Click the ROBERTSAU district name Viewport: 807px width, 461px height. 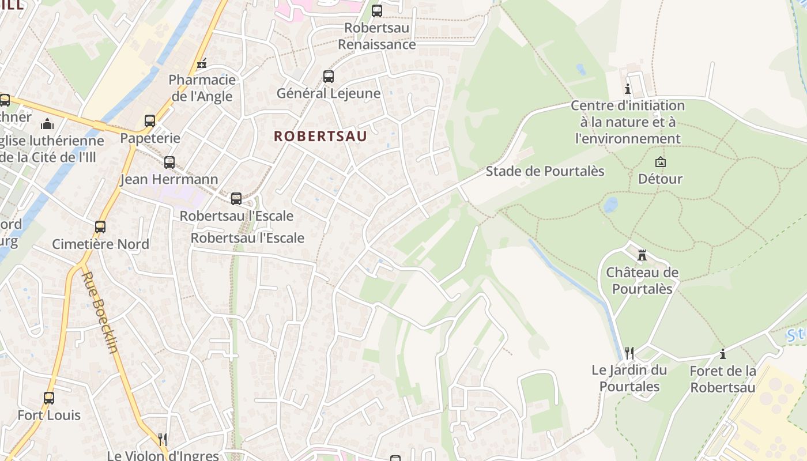(x=320, y=137)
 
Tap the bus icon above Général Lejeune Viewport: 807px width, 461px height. (x=329, y=76)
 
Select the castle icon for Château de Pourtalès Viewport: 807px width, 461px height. (x=642, y=255)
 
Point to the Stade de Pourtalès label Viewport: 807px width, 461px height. (x=545, y=171)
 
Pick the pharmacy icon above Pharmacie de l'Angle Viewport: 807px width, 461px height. (x=202, y=63)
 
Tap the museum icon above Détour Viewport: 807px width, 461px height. (x=661, y=162)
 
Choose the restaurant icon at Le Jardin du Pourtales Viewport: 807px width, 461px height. (x=629, y=352)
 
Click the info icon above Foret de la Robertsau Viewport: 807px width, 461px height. (x=722, y=354)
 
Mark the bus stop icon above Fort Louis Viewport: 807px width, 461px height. (x=49, y=398)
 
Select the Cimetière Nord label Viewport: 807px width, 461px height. (x=100, y=244)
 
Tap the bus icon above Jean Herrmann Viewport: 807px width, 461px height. (x=169, y=163)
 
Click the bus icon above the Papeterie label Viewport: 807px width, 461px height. (x=150, y=121)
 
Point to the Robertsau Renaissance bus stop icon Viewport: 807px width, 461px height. (x=377, y=10)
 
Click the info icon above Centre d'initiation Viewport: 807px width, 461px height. (x=628, y=89)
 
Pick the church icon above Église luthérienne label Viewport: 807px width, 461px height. (x=47, y=124)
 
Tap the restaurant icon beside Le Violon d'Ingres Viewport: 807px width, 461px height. (x=163, y=439)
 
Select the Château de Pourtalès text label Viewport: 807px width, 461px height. (x=642, y=280)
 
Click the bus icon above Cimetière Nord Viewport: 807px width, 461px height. (x=100, y=227)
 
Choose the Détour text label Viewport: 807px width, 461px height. (x=660, y=179)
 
